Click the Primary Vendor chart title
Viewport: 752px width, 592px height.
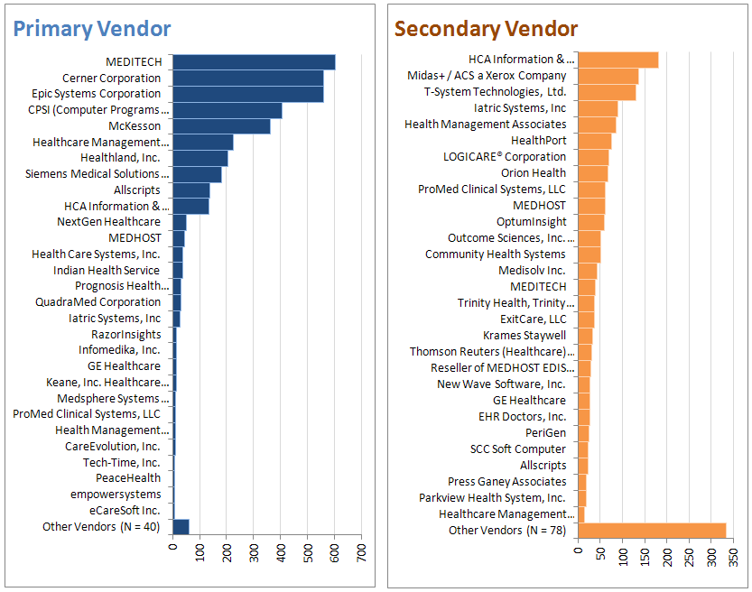click(x=91, y=29)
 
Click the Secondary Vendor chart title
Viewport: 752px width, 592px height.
click(x=486, y=29)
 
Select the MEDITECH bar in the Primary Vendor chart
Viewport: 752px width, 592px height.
click(x=254, y=62)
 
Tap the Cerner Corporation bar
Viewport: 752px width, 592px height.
click(x=247, y=79)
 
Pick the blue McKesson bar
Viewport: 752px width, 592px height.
click(x=221, y=126)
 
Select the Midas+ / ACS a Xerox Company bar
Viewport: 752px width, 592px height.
click(x=608, y=76)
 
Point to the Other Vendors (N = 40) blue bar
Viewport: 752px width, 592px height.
click(x=181, y=526)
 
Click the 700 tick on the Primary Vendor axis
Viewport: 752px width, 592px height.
click(x=361, y=550)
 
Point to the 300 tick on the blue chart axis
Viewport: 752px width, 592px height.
click(x=254, y=550)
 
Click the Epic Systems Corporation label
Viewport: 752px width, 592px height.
click(x=97, y=94)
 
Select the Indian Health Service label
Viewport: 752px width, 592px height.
click(x=106, y=270)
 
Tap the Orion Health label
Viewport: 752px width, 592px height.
click(x=534, y=172)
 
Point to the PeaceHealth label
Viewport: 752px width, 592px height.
click(x=128, y=477)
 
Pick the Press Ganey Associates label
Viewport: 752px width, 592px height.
click(x=506, y=481)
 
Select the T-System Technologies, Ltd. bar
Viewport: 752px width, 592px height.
click(x=607, y=92)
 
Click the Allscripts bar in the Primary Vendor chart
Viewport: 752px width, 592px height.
click(x=190, y=190)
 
